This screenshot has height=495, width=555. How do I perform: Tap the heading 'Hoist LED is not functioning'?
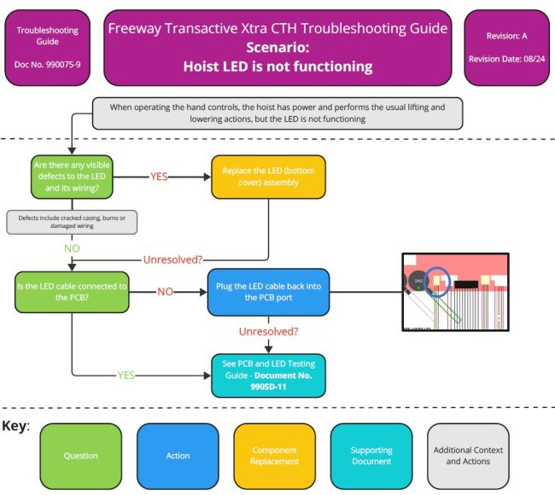tap(277, 66)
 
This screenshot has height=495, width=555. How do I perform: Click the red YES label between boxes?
tap(160, 177)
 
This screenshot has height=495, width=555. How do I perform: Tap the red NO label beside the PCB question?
tap(165, 292)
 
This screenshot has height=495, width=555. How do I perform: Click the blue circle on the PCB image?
tap(440, 281)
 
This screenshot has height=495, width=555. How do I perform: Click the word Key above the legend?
tap(15, 426)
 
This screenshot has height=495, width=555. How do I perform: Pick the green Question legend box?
tap(81, 456)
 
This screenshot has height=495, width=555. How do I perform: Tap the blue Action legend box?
tap(178, 456)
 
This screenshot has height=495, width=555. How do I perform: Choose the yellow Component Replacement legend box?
tap(275, 456)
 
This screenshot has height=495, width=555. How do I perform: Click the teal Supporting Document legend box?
tap(371, 456)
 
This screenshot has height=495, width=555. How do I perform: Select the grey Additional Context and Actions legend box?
tap(469, 456)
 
